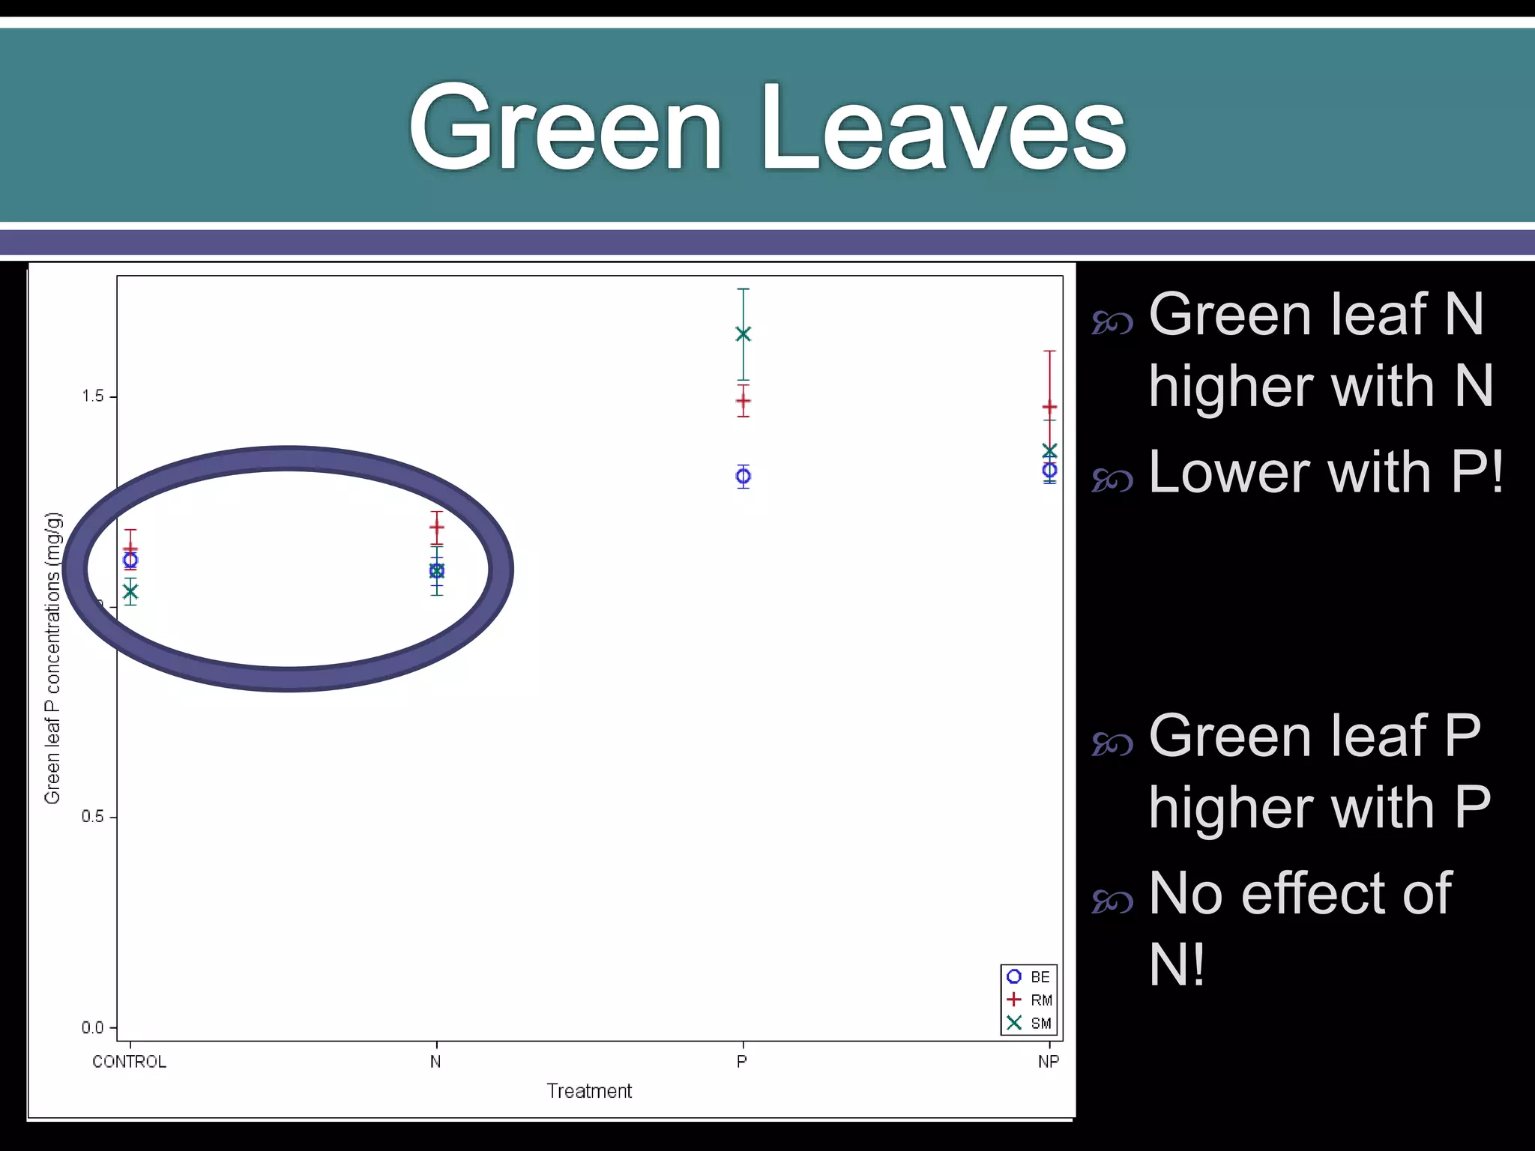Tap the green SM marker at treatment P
tap(743, 333)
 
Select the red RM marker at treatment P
tap(743, 401)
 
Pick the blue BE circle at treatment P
tap(743, 476)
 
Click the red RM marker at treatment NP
tap(1049, 408)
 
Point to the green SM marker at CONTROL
tap(130, 592)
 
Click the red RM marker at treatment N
tap(437, 528)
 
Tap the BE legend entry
tap(1029, 977)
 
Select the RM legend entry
tap(1029, 1000)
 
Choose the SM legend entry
tap(1029, 1024)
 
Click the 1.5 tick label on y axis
tap(93, 396)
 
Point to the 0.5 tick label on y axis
tap(93, 817)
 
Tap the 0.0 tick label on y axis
tap(93, 1028)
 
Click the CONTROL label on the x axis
tap(130, 1062)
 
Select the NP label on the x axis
tap(1049, 1062)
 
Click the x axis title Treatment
tap(589, 1091)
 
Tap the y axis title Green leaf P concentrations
tap(52, 658)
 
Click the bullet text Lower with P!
tap(1325, 472)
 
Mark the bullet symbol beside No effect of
tap(1112, 901)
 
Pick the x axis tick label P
tap(742, 1062)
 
